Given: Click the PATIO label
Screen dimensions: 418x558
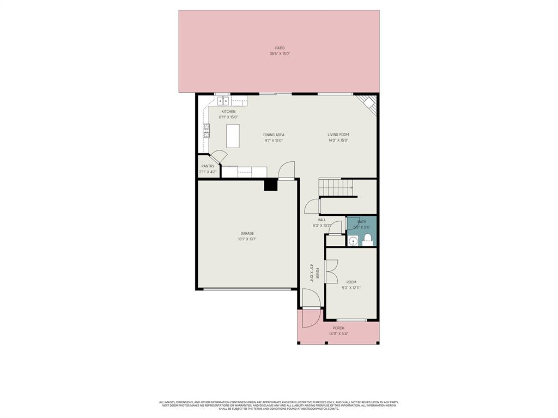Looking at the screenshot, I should (280, 48).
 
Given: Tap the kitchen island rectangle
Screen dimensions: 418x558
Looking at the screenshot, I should (233, 136).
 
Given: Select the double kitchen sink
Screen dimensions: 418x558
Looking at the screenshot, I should (223, 101).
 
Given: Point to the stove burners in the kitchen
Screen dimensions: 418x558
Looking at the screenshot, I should (207, 130).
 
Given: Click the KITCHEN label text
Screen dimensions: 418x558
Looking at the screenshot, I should (228, 112).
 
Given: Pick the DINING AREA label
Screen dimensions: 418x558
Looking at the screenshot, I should (274, 135).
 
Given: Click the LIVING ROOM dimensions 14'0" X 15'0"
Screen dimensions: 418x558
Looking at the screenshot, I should (338, 141).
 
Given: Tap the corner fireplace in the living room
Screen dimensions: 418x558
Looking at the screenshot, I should (367, 104).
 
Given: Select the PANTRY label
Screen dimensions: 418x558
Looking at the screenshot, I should (208, 166).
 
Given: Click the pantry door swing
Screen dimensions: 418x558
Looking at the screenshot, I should (219, 156).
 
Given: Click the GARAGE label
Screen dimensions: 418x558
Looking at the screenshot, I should (247, 233).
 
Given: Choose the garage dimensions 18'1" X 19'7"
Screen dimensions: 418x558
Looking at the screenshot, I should (247, 239).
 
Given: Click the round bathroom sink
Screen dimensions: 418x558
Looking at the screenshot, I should (353, 240).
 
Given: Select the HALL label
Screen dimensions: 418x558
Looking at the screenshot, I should (322, 220).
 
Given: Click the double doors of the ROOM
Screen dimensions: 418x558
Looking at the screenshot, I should (331, 271).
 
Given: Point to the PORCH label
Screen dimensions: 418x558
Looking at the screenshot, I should (338, 328).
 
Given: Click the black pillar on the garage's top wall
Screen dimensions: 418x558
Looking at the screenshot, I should (271, 185).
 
